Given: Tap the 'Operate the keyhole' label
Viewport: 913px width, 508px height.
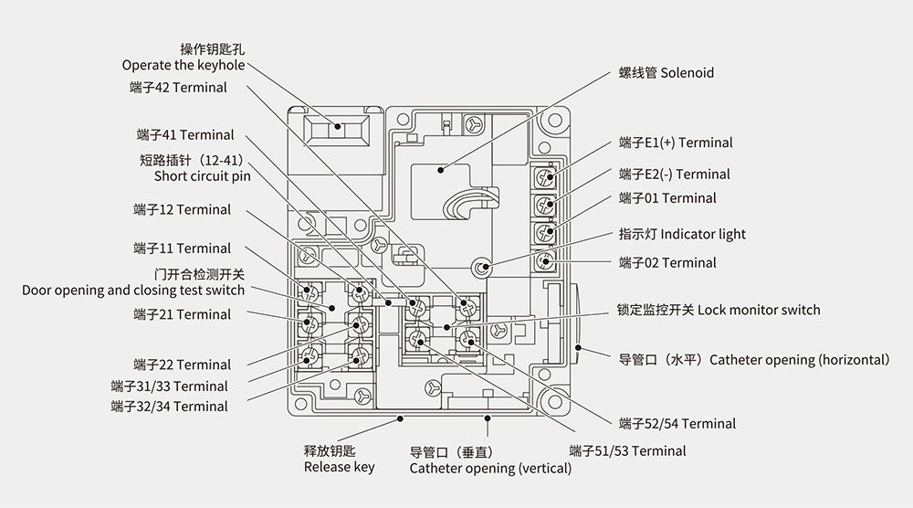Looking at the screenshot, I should [184, 65].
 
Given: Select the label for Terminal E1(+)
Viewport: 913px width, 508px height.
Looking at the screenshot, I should [675, 143].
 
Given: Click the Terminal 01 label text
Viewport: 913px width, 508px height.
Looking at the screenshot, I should [667, 197].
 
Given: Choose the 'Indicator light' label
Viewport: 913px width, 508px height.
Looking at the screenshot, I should [682, 234].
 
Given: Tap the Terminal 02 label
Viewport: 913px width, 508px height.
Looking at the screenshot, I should [667, 262].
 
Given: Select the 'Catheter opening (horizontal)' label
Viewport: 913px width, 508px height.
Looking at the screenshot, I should [753, 359].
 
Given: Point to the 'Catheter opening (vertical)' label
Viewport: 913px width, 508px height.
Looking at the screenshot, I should [490, 468].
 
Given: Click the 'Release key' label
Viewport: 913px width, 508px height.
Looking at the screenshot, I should [339, 467].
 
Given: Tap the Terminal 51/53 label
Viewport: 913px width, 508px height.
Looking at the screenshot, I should [627, 450].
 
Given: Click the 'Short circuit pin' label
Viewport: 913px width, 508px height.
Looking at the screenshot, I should [202, 176].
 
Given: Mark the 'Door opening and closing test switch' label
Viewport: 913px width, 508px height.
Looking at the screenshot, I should [133, 290].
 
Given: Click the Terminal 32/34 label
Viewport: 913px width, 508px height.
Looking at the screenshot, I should [169, 406].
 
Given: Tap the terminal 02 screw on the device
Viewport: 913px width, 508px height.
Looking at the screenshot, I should [546, 261].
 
